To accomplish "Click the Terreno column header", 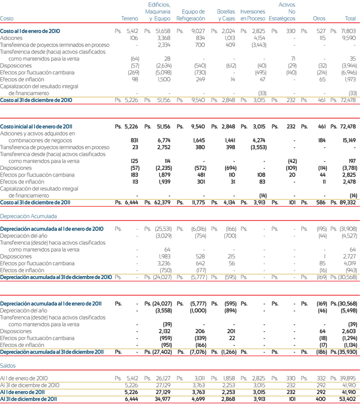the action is pos(129,18).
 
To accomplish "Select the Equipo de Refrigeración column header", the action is pos(190,15).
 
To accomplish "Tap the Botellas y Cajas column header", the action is pos(226,15).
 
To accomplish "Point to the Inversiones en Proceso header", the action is pos(253,15).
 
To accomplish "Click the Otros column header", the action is pos(319,18).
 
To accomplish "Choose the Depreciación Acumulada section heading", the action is pos(28,216).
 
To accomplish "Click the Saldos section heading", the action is pos(8,365).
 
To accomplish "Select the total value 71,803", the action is pos(348,31).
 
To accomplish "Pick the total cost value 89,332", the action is pos(348,202).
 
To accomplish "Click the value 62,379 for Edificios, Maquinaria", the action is pos(162,202).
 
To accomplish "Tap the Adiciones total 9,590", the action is pos(349,38).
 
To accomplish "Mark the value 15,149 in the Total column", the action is pos(349,140).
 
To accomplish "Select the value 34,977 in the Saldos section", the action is pos(162,399).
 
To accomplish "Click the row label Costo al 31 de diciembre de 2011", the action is pos(35,202).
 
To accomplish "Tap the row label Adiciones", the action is pos(11,38).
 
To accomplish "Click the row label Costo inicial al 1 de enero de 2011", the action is pos(36,126).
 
